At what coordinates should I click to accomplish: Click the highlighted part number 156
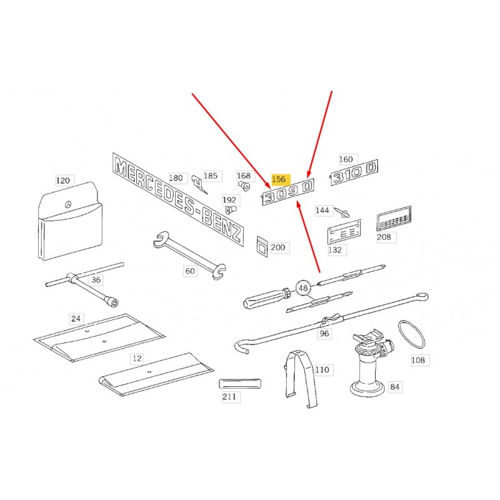[279, 179]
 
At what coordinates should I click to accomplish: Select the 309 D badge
[288, 192]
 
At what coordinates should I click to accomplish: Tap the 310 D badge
[354, 172]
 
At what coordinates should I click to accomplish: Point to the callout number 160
[346, 159]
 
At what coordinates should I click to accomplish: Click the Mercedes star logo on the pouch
[68, 204]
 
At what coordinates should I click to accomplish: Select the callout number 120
[63, 181]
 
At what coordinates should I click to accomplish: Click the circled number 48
[303, 288]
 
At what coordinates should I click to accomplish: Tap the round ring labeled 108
[412, 334]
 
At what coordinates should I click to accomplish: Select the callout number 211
[229, 396]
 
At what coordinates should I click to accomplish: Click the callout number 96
[324, 334]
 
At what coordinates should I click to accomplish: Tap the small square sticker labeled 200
[262, 246]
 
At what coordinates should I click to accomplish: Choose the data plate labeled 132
[344, 231]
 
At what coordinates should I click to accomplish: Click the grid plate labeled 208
[394, 218]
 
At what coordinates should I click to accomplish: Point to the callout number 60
[190, 271]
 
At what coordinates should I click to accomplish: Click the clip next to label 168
[244, 186]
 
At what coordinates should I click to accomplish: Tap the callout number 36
[96, 280]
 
